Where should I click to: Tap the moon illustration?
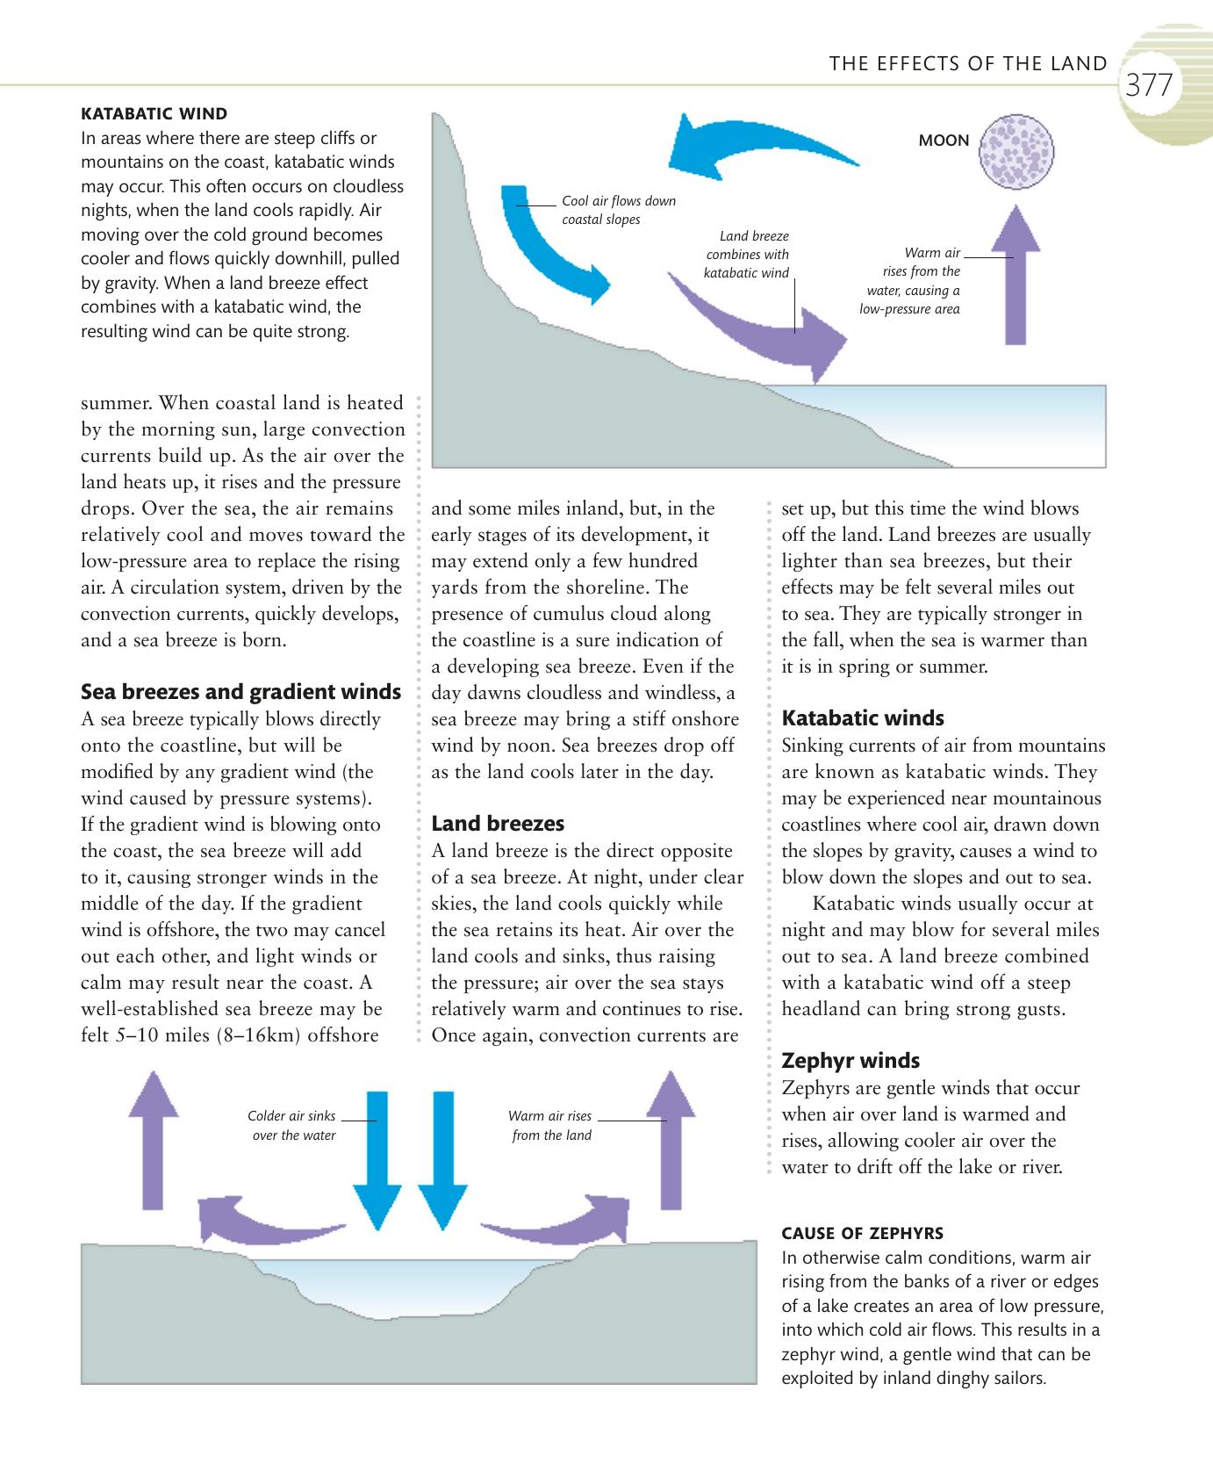(x=1016, y=151)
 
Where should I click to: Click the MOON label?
(x=944, y=141)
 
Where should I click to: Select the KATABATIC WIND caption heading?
(x=154, y=113)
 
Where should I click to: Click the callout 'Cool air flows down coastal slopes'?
(x=619, y=210)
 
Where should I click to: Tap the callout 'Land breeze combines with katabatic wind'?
(x=747, y=255)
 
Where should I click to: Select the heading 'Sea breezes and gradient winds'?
(x=240, y=692)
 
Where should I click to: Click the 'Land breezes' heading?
(x=498, y=824)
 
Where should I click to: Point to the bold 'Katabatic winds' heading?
(x=863, y=718)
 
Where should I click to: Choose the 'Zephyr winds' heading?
(x=851, y=1061)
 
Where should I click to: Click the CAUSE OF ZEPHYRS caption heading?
(x=862, y=1233)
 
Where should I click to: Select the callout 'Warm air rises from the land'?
(x=551, y=1126)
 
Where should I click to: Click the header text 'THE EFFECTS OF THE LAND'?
(x=968, y=63)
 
